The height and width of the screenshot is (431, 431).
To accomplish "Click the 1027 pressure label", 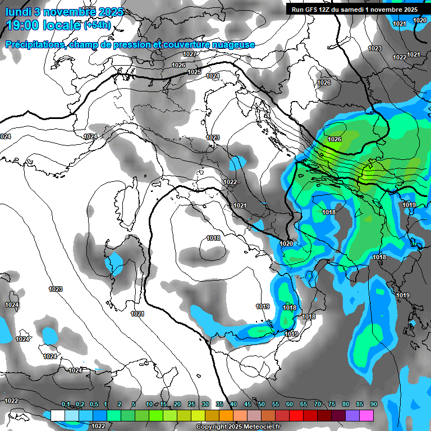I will coord(190,54).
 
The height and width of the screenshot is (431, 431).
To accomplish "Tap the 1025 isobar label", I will coord(194,72).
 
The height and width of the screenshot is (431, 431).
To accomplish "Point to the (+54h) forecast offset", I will coord(97,25).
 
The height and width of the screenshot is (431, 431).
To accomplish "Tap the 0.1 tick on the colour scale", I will coord(66,405).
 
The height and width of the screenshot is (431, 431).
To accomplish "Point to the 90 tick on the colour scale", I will coord(373,405).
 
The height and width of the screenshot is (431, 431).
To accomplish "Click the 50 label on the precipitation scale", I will coord(262,405).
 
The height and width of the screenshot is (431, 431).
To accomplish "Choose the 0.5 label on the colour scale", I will coord(93,405).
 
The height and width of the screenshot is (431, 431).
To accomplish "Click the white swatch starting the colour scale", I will coord(57,415).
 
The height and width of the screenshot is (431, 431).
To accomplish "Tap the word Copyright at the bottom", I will coord(212,427).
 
